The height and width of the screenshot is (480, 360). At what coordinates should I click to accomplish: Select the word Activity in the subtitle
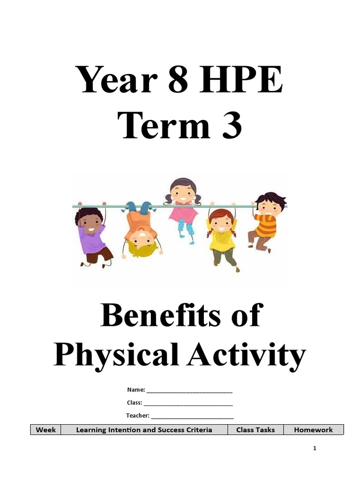click(x=247, y=355)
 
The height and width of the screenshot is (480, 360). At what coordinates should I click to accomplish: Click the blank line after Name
click(x=190, y=391)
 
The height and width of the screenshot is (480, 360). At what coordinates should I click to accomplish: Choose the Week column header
click(x=46, y=430)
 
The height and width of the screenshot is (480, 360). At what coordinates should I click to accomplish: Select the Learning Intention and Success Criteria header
click(x=144, y=430)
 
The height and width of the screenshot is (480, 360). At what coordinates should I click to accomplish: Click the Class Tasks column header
click(x=255, y=430)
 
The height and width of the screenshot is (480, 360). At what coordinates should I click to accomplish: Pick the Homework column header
click(x=313, y=430)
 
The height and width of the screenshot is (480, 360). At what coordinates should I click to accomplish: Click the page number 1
click(x=315, y=449)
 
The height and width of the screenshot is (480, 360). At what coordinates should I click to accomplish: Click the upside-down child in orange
click(x=141, y=230)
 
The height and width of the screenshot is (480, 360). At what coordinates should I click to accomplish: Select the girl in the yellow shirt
click(x=222, y=237)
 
